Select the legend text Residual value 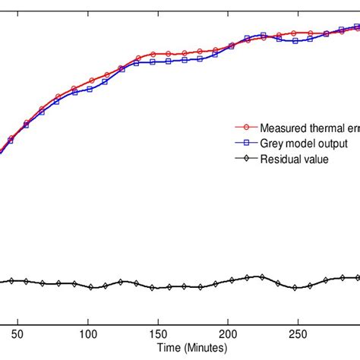[295, 159]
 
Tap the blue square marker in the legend [246, 144]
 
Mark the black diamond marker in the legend [246, 159]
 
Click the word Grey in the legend [271, 144]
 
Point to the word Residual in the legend [281, 159]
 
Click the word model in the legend [300, 144]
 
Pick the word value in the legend [317, 159]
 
